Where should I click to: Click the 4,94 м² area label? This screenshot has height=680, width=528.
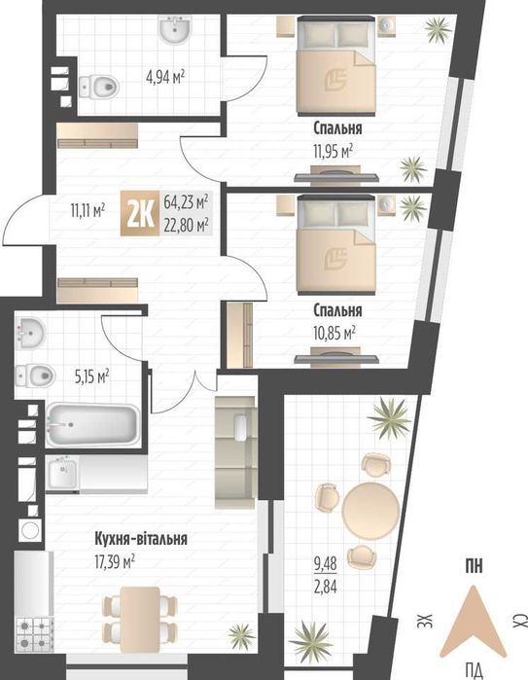(x=165, y=75)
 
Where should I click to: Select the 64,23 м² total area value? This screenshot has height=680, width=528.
(x=187, y=203)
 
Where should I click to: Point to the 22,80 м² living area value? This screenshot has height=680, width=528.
(x=187, y=225)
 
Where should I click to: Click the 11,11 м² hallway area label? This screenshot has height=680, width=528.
(x=88, y=207)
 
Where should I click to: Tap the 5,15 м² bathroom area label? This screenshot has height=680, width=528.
(x=90, y=373)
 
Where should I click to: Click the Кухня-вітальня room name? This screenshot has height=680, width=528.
(x=141, y=538)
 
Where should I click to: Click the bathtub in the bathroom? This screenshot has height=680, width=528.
(x=91, y=425)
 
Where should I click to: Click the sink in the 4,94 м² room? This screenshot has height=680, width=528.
(x=178, y=32)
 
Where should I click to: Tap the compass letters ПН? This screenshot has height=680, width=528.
(x=475, y=567)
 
